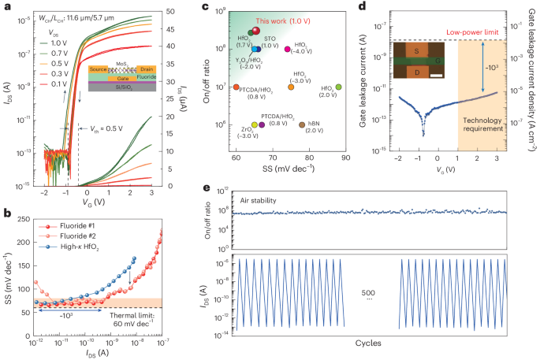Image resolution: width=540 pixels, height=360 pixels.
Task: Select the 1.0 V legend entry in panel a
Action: click(60, 46)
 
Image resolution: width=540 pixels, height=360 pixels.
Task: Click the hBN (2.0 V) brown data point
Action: click(302, 124)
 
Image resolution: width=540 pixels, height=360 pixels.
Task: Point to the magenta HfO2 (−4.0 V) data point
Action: click(288, 50)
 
